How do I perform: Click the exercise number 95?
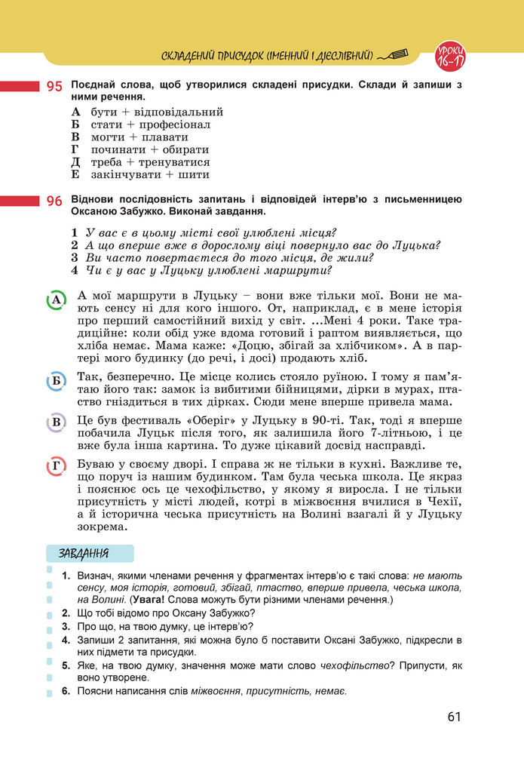point(54,87)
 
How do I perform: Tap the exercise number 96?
point(54,201)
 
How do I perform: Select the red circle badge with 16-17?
point(450,54)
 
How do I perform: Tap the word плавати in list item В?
point(163,137)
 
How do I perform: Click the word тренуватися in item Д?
point(175,162)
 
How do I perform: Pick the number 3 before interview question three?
point(75,257)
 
